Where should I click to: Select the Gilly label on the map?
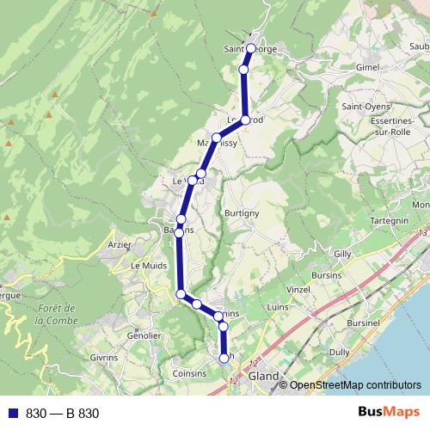tap(342, 255)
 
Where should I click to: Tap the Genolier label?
tap(143, 335)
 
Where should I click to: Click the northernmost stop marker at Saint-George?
tap(250, 48)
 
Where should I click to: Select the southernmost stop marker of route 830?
tap(225, 357)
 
